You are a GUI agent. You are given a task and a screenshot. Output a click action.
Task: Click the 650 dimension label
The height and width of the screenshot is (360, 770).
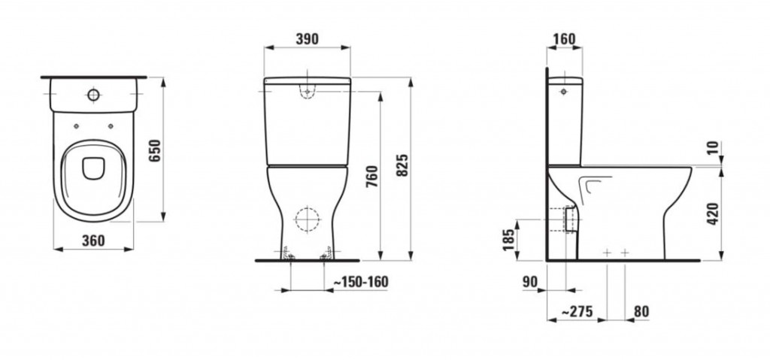coord(155,151)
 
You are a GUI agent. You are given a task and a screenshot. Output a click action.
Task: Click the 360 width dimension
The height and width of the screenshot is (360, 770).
coord(93,241)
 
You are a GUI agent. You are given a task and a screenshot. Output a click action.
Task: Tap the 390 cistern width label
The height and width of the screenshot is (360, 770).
coord(307,39)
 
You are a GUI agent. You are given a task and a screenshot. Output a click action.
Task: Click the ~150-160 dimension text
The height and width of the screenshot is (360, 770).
coord(360,282)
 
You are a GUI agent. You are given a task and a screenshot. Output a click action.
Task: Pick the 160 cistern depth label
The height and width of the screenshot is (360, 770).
coord(564,39)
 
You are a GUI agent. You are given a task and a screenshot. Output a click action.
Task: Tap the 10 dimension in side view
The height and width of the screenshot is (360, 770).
coord(712,147)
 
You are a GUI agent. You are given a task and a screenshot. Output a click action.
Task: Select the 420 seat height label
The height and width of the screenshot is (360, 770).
coord(712,213)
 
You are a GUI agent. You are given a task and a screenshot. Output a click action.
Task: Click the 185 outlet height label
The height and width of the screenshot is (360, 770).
coord(509,240)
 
